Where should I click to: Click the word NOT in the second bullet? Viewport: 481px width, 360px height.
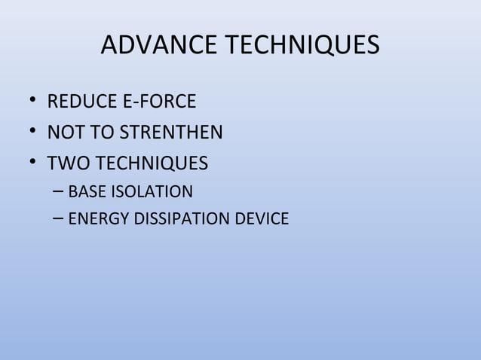63,133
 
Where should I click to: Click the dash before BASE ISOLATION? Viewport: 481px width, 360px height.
59,191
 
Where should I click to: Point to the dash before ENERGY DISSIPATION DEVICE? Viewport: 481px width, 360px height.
59,219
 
